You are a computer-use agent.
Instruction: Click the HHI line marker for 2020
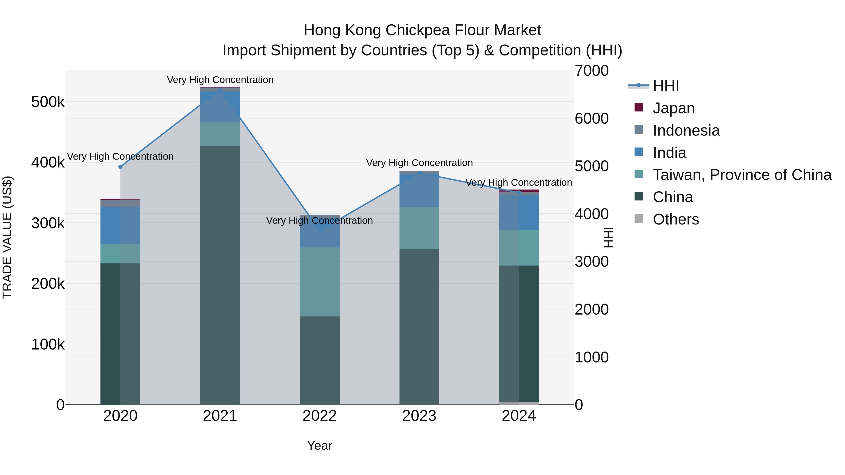[x=120, y=167]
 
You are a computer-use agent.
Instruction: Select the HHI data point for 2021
[x=220, y=90]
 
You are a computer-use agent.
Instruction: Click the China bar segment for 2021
[x=220, y=275]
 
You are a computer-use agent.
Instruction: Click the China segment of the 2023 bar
[x=419, y=326]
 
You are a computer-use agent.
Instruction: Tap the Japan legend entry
[x=673, y=108]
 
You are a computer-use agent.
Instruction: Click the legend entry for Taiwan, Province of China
[x=742, y=175]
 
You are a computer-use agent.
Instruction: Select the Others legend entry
[x=676, y=219]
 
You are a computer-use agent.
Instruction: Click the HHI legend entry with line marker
[x=666, y=86]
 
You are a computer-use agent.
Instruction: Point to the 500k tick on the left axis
[x=48, y=102]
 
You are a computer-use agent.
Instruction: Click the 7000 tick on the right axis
[x=591, y=71]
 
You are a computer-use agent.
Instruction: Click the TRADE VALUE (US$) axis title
[x=7, y=237]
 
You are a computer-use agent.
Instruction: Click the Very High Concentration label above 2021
[x=220, y=80]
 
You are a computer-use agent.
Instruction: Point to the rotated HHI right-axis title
[x=608, y=237]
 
